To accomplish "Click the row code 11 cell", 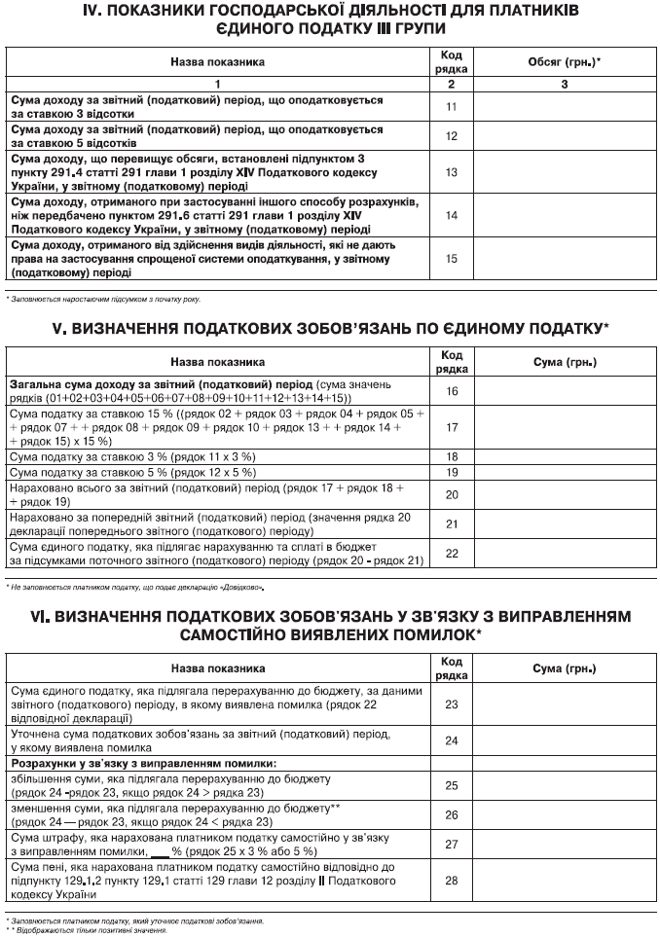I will click(x=451, y=106).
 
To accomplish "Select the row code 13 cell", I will click(x=451, y=172).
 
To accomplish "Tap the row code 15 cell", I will click(x=451, y=259).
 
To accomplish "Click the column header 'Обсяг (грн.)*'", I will click(x=564, y=62).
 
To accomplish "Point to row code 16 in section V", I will click(x=451, y=391).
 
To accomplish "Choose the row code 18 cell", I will click(x=451, y=455).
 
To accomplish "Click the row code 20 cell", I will click(x=451, y=494).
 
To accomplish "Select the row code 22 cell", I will click(x=451, y=553).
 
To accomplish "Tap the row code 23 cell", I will click(x=451, y=703).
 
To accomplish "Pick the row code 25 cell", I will click(x=451, y=784).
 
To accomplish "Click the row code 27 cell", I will click(x=451, y=844).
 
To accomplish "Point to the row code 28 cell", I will click(x=451, y=881).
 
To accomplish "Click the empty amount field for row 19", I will click(x=565, y=472).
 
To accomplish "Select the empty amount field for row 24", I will click(x=565, y=740).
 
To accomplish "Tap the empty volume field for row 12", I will click(x=564, y=136).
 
